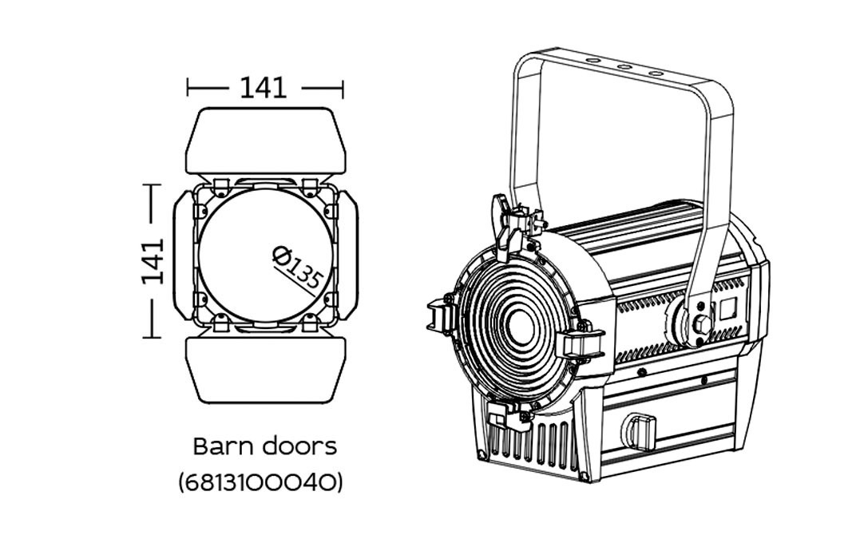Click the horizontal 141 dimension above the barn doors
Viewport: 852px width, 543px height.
click(264, 88)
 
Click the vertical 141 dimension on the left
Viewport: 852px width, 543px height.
click(153, 261)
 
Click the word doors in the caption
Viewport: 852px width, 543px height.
click(299, 446)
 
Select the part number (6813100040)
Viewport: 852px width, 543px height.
click(261, 482)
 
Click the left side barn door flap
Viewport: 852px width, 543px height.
click(184, 256)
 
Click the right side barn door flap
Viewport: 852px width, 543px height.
click(348, 256)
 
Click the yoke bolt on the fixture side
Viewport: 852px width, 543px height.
click(701, 324)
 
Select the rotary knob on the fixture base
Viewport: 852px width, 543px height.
click(640, 431)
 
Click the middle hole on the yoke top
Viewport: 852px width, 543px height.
click(624, 66)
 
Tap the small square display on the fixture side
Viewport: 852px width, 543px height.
click(727, 309)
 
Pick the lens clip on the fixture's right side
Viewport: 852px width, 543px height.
click(581, 343)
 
